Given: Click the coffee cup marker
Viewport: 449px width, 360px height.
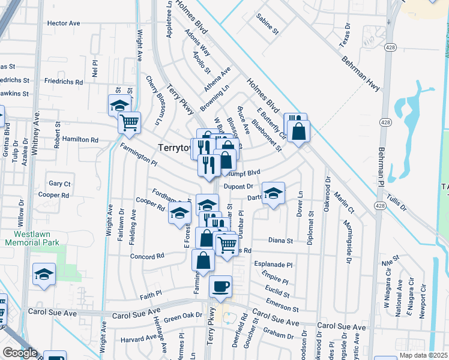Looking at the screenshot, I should click(220, 286).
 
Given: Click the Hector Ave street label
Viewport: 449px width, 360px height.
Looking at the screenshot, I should click(63, 23).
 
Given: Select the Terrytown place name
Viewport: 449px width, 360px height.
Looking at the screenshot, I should click(174, 147).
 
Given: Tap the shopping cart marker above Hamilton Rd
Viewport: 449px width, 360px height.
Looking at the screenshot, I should click(130, 123).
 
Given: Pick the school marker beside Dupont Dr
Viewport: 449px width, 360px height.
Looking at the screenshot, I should click(273, 193).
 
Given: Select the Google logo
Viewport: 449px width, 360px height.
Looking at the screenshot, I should click(19, 353).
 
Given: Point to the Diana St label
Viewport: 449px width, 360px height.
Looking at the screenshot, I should click(280, 241).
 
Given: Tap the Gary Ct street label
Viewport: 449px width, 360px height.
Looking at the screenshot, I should click(60, 184).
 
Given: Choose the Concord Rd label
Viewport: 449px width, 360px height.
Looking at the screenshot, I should click(147, 256).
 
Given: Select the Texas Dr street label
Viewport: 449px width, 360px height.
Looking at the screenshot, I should click(344, 35).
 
